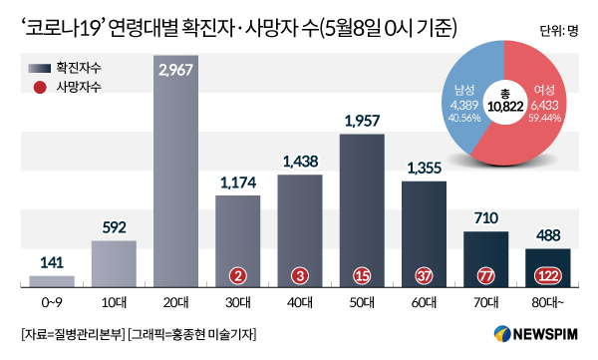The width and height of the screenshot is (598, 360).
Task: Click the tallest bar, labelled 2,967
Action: tap(175, 172)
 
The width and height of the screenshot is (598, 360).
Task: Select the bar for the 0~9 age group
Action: tap(52, 281)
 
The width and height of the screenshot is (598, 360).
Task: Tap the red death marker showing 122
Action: tap(548, 275)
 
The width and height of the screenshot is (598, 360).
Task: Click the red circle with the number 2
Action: tap(238, 275)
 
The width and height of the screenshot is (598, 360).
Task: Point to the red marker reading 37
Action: tap(424, 275)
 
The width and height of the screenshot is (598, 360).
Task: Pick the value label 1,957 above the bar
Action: tap(362, 121)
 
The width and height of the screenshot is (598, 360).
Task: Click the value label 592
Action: tap(114, 227)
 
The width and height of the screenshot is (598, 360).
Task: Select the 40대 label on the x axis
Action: tap(300, 303)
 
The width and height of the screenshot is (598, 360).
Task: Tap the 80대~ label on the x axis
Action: tap(548, 303)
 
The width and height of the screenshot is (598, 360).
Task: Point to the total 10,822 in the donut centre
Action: tap(505, 107)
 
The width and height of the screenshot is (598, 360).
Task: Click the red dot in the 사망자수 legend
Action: tap(40, 88)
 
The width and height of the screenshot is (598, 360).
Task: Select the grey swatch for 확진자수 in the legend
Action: tap(40, 69)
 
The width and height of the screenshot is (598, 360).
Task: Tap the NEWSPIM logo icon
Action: tap(502, 334)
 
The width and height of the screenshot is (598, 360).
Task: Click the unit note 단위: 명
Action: tap(559, 31)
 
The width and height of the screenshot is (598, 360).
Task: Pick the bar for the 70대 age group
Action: tap(486, 259)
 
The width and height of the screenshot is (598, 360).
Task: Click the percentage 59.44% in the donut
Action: tap(544, 118)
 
